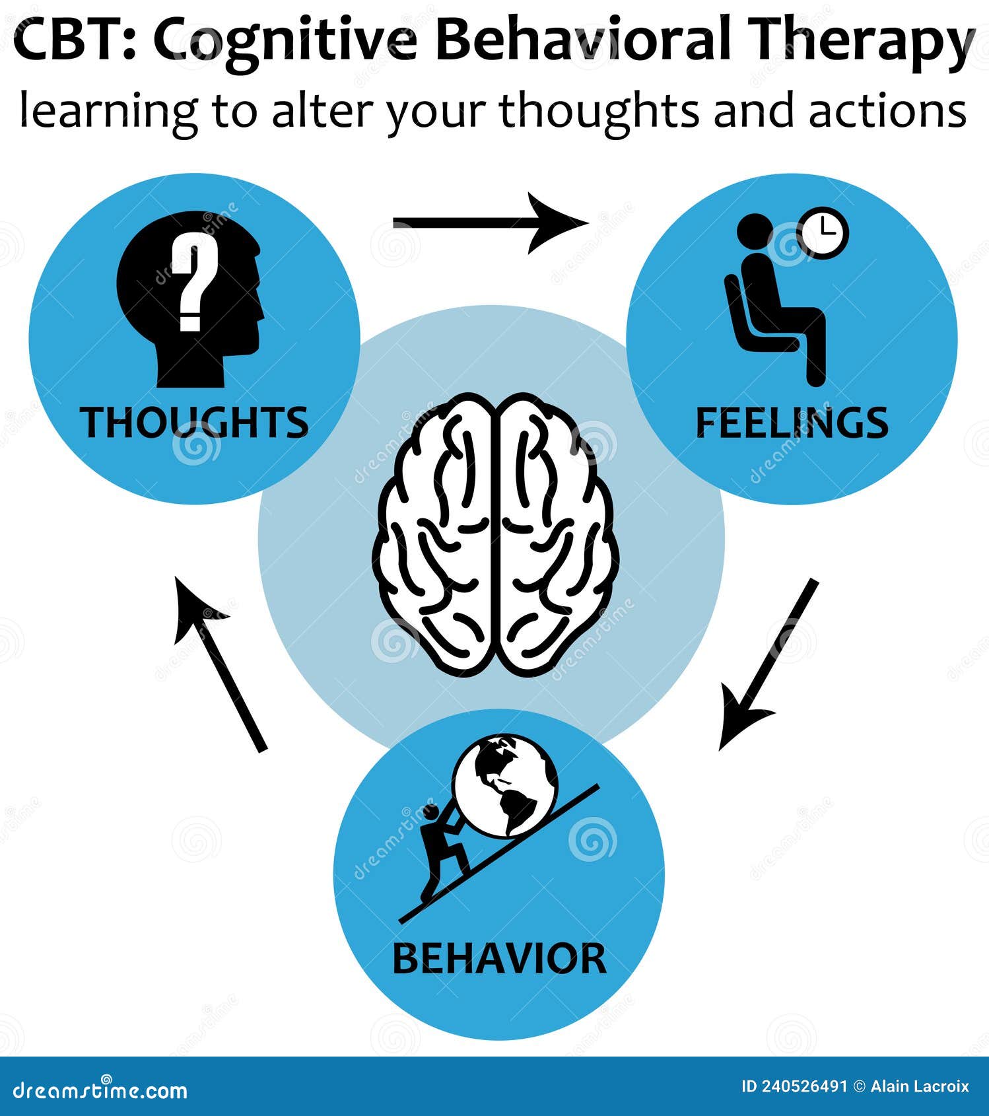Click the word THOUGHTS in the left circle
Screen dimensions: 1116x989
coord(194,423)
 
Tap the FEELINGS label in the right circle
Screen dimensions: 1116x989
coord(792,423)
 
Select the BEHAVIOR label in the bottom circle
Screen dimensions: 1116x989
coord(499,959)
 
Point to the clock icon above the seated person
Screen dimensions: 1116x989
coord(823,232)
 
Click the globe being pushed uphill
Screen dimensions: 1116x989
coord(506,786)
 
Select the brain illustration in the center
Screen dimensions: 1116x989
coord(495,535)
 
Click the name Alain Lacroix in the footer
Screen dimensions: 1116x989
coord(919,1086)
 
